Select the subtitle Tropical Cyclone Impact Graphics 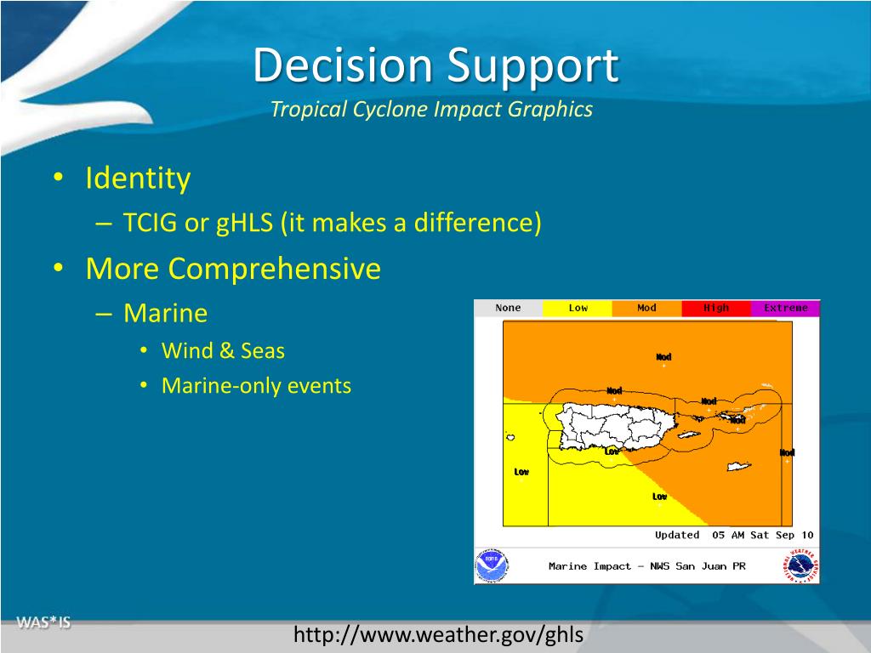point(431,110)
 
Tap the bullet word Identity point(138,179)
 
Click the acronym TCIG point(150,222)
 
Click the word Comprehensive point(275,270)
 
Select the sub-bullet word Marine point(166,313)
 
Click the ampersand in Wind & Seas point(226,351)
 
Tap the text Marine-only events point(256,385)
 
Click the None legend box point(509,308)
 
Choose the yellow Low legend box point(578,308)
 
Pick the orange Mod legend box point(646,308)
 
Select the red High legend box point(716,308)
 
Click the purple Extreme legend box point(785,308)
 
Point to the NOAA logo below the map point(492,565)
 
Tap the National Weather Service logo point(801,566)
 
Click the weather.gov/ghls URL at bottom point(438,634)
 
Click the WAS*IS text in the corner point(43,622)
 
